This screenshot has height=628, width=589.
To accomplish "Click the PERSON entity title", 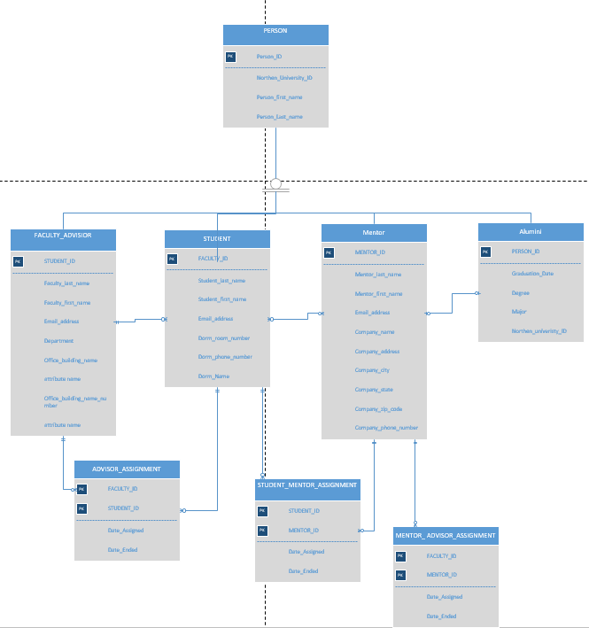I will coord(275,31).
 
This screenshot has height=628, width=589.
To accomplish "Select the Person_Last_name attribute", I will coord(280,116).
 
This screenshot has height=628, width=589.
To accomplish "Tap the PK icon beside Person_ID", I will coord(231,57).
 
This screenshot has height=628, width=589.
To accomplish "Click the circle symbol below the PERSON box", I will coord(275,184).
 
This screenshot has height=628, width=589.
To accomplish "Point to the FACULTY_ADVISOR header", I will coord(63,235).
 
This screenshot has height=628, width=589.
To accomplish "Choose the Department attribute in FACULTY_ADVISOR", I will coord(59,341).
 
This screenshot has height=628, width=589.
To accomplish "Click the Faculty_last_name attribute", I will coord(67,283).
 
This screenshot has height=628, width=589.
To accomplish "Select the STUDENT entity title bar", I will coord(217,239).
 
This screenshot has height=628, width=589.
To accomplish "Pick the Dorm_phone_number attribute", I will coord(225,357).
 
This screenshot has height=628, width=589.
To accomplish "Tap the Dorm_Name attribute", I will coord(213,376).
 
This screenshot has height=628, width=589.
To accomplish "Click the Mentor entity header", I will coord(374,233).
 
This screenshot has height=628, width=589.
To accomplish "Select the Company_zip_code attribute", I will coord(379,408).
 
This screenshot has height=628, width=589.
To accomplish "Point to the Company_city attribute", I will coord(373,369).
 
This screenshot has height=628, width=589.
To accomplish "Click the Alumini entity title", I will coord(531,231).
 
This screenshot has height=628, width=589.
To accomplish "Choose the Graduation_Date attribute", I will coord(532,274).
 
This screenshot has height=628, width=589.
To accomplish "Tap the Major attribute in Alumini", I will coord(519,312).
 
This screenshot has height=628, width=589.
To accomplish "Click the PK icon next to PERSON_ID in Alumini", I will coord(485,252).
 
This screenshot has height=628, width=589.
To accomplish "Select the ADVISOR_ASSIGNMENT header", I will coord(127,469).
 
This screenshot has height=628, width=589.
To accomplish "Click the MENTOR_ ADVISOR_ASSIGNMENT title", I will coord(446,535).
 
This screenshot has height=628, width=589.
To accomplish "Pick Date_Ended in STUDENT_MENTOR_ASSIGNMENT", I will coord(303,571).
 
